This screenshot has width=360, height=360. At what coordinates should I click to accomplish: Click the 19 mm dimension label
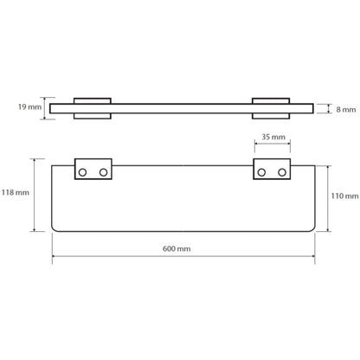[x=30, y=107]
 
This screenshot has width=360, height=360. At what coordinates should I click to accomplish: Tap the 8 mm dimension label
[x=346, y=110]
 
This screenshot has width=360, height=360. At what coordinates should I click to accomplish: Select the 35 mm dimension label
[x=273, y=137]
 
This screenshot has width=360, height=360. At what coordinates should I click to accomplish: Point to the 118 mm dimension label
[x=16, y=192]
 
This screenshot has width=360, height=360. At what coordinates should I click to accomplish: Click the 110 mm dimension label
[x=344, y=196]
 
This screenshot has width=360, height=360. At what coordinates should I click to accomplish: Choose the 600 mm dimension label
[x=177, y=248]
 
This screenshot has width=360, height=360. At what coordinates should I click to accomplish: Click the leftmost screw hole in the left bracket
[x=82, y=172]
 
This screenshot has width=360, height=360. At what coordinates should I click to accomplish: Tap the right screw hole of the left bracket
[x=103, y=172]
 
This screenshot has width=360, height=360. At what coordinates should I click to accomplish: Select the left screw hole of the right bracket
[x=261, y=172]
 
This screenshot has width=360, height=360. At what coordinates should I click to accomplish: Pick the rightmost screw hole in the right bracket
[x=282, y=172]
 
